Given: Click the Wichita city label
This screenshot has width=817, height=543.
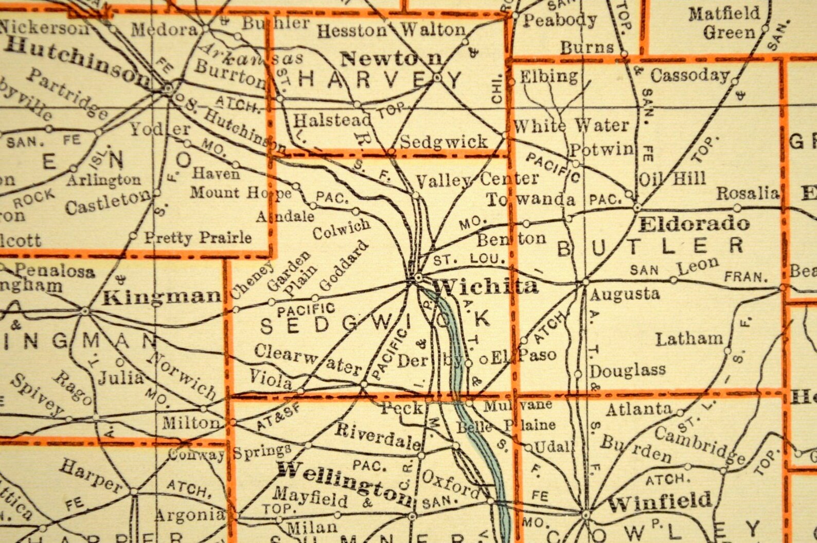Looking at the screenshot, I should point(486,286).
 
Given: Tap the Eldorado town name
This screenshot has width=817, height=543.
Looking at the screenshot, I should point(694,223).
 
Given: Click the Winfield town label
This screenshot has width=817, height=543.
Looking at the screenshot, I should point(660,501).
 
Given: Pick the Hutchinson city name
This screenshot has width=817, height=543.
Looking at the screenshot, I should point(77,62).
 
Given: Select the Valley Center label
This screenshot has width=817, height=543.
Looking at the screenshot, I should point(476,180).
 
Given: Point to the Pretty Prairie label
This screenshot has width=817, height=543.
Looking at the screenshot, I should point(198,238).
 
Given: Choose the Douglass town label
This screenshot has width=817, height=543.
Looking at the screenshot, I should point(628,370).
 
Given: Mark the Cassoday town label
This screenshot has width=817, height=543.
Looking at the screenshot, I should point(689,75).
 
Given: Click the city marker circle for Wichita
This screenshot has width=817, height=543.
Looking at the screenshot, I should point(418,277).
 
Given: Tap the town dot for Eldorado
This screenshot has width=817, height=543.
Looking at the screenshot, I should point(637,207).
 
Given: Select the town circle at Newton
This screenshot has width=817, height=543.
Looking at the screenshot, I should point(437,78).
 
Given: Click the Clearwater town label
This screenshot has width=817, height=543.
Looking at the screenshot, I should point(308,359).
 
